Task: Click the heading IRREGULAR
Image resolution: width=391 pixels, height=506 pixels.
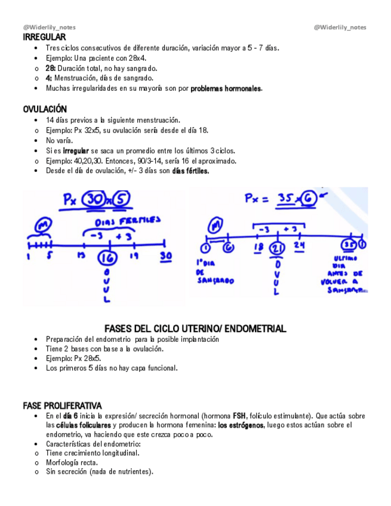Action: pyautogui.click(x=44, y=37)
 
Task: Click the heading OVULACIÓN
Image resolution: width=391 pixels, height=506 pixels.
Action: pyautogui.click(x=45, y=109)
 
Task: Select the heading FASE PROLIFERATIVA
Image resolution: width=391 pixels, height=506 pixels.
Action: pyautogui.click(x=62, y=405)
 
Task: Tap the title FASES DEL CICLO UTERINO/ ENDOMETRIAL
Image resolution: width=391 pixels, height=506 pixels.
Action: pyautogui.click(x=195, y=329)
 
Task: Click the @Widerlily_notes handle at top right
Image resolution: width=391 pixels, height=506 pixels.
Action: pyautogui.click(x=340, y=27)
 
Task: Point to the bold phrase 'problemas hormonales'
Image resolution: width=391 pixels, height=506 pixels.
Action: pyautogui.click(x=226, y=88)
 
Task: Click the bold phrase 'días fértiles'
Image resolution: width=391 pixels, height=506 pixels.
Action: pyautogui.click(x=190, y=171)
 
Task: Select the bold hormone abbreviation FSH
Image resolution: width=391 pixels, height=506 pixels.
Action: pyautogui.click(x=239, y=415)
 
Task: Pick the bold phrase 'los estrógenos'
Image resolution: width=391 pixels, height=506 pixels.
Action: pyautogui.click(x=241, y=425)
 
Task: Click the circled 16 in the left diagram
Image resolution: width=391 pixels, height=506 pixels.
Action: pyautogui.click(x=106, y=258)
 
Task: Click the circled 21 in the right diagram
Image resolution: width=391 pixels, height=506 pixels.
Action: pyautogui.click(x=276, y=249)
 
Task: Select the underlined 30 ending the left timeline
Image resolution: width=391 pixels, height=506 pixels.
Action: pyautogui.click(x=165, y=256)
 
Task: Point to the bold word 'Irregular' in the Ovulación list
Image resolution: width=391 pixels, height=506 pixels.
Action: pyautogui.click(x=76, y=151)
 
